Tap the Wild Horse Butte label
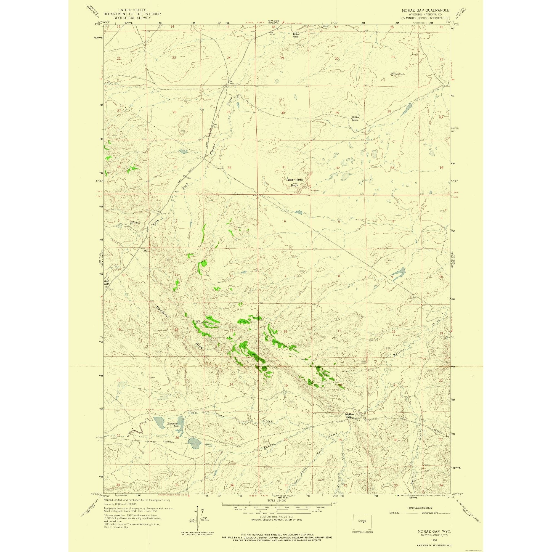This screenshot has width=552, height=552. (x=295, y=182)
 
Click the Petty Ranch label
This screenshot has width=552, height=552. (x=295, y=35)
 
